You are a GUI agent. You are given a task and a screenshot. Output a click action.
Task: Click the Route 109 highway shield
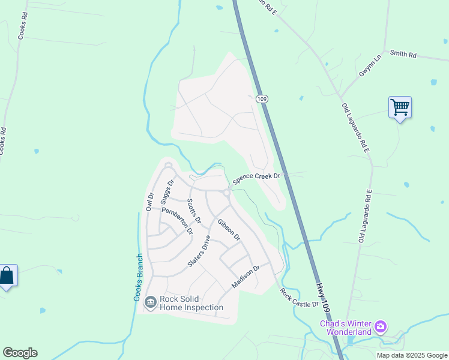(261, 98)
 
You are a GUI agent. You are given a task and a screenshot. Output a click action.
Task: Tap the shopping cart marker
(400, 108)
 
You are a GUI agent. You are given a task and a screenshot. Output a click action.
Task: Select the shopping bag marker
(7, 277)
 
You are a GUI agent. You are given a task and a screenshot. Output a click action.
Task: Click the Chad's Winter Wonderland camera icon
(379, 328)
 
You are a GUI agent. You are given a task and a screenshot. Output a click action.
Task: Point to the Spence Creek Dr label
(256, 176)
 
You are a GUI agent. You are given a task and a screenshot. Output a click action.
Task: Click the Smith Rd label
(403, 54)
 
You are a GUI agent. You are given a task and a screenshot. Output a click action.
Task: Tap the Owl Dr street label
(150, 201)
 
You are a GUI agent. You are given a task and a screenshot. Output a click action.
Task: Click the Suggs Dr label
(167, 191)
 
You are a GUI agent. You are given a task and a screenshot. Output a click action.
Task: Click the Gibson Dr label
(229, 230)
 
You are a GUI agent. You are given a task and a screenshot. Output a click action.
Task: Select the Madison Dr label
(246, 276)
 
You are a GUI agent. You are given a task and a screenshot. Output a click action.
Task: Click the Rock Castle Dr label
(299, 297)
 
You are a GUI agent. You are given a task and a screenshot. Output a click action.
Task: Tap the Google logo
(20, 353)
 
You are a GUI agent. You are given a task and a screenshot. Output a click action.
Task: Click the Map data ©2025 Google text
(411, 355)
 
